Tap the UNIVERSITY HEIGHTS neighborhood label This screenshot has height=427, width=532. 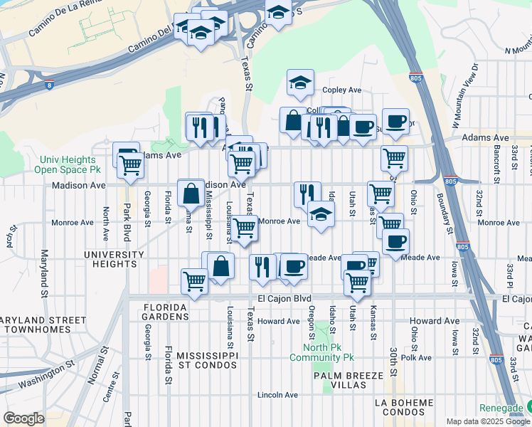tap(110, 259)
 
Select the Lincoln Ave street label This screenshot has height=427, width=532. tap(277, 394)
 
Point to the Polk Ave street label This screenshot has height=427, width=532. tap(417, 358)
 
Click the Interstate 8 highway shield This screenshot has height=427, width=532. tap(48, 85)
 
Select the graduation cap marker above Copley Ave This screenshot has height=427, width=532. tap(300, 83)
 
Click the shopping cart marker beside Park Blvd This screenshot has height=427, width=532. tap(131, 165)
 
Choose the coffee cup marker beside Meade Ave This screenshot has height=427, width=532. tap(395, 241)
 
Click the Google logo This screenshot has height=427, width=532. tap(23, 418)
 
